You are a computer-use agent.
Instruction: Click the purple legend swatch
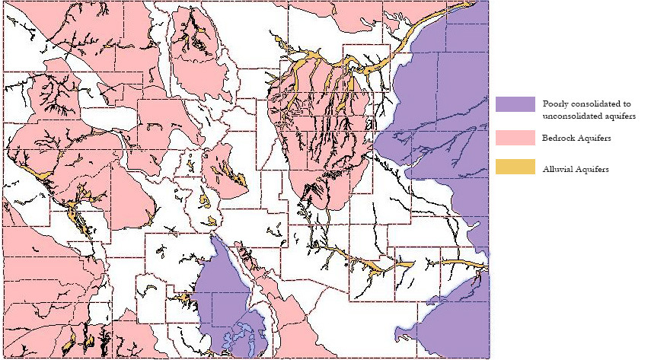514,104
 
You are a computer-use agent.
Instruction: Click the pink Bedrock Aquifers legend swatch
514,137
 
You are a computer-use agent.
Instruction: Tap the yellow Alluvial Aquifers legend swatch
514,167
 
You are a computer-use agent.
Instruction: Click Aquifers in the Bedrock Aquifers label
595,138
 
